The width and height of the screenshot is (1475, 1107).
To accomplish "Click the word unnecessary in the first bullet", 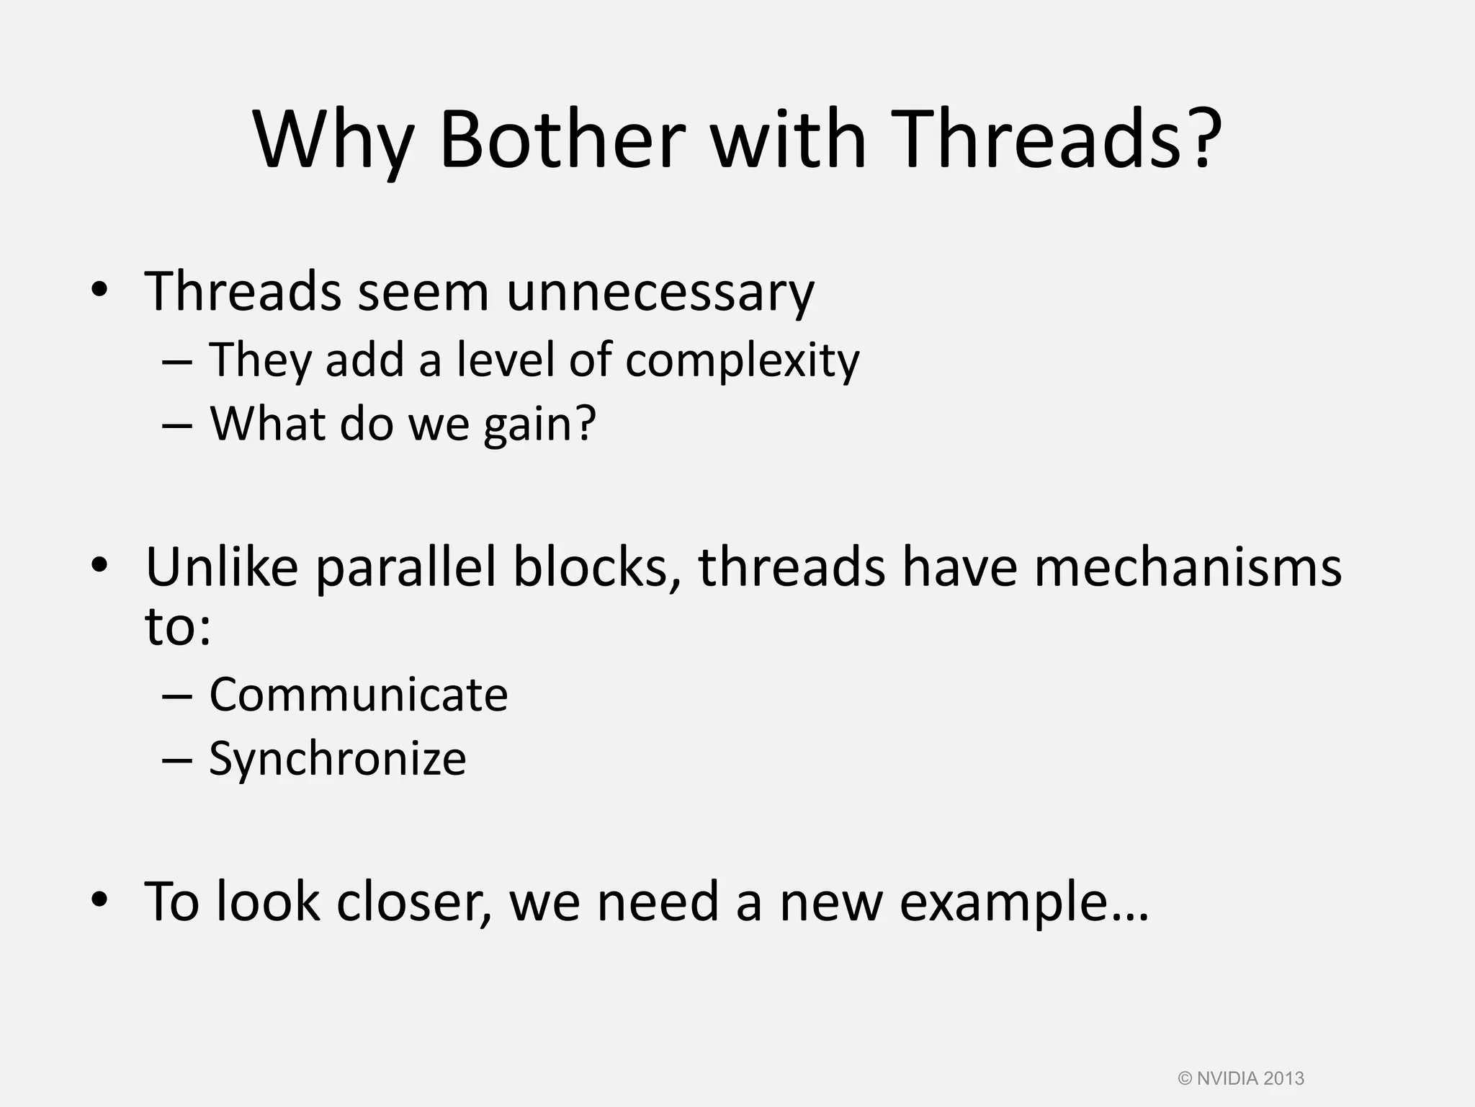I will click(660, 293).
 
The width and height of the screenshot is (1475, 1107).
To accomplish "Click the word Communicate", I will click(358, 695).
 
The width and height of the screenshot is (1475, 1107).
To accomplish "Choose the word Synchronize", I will click(337, 760).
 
